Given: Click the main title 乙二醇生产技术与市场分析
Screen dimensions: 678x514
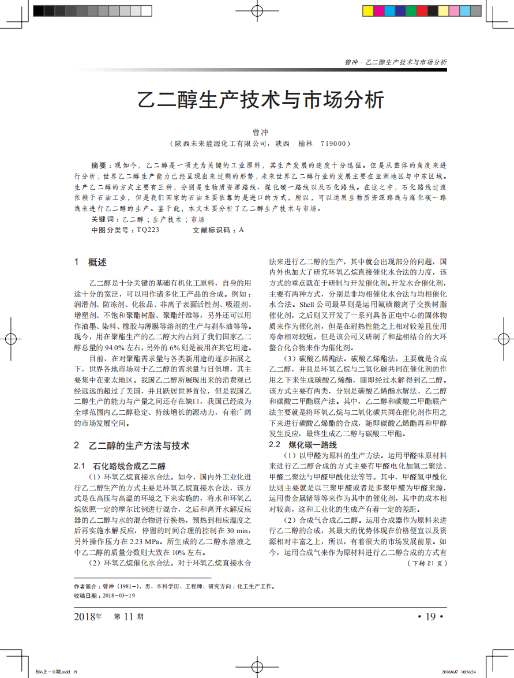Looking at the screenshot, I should [x=261, y=99].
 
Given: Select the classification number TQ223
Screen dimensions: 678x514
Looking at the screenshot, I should [x=148, y=230].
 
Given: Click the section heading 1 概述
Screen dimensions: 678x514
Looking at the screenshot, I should [x=91, y=263].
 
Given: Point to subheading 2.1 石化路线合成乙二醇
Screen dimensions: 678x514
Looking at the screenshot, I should [x=121, y=465].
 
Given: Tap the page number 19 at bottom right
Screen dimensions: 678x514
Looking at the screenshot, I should [x=430, y=617].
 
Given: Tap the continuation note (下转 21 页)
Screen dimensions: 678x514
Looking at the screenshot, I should [x=427, y=563].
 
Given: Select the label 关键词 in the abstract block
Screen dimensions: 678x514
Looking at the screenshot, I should [x=103, y=220].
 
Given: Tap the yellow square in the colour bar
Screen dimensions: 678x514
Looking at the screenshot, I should [x=367, y=10].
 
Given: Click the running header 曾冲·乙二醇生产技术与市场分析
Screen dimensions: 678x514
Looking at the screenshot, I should [x=396, y=62].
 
